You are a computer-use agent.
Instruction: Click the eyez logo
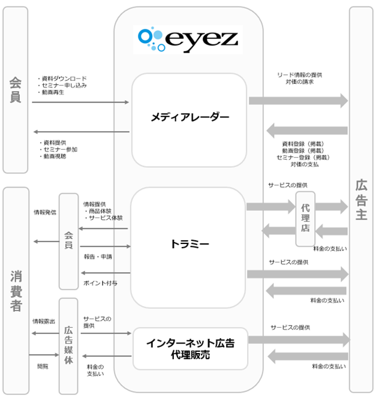coord(188,40)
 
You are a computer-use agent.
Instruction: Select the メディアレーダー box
coord(189,120)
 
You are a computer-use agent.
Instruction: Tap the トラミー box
coord(188,248)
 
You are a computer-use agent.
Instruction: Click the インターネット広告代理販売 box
coord(190,348)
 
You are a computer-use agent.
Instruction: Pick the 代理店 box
coord(305,219)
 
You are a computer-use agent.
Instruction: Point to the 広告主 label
coord(361,200)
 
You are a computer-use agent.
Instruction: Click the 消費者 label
coord(16,291)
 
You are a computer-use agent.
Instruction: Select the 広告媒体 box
coord(68,346)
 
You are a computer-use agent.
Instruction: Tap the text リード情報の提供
coord(300,75)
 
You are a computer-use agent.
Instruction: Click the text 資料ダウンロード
coord(64,79)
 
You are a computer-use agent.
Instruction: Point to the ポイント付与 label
coord(100,283)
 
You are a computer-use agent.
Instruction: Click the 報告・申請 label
coord(98,257)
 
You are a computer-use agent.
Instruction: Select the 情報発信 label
coord(45,212)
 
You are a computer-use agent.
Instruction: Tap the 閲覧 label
coord(43,366)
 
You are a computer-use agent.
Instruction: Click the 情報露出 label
coord(44,321)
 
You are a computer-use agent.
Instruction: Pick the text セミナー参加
coord(61,149)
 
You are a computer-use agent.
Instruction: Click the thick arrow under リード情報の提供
coord(298,101)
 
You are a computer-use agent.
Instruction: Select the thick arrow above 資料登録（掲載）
coord(307,131)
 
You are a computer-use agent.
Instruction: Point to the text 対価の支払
coord(305,164)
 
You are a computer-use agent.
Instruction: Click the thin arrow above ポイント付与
coord(106,273)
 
